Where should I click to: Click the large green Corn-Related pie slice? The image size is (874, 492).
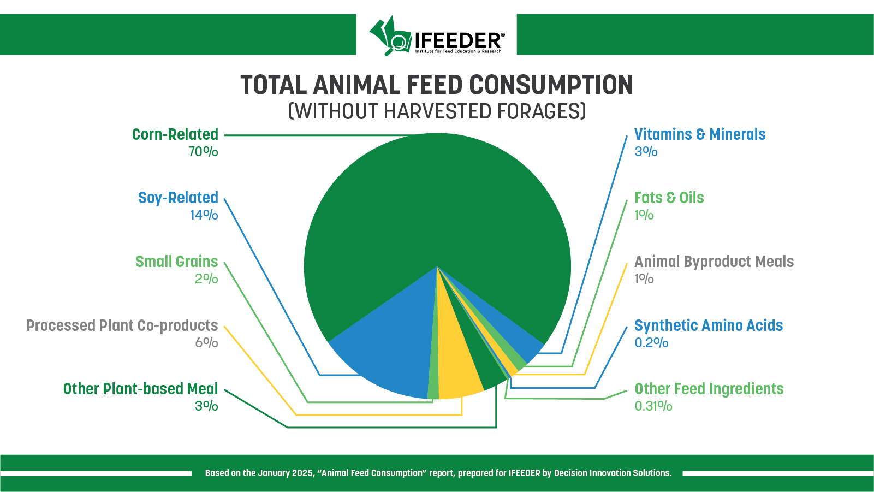coord(437,208)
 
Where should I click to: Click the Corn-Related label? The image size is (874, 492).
coord(175,134)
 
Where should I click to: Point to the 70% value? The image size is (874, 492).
coord(203,152)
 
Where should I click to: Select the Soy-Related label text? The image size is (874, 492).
coord(178,198)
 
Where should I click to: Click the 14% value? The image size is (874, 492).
coord(204,215)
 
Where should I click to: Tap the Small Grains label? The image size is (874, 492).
coord(176,262)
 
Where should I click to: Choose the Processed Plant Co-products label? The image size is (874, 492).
coord(122,325)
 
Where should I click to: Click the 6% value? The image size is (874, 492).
coord(206,343)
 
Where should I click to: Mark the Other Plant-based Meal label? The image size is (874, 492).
coord(140,389)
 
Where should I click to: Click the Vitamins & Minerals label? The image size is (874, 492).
coord(700,134)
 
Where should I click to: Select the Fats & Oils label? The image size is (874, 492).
coord(669,198)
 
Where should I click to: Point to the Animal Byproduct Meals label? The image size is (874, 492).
coord(714,262)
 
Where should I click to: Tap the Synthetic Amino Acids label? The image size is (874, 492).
coord(709,325)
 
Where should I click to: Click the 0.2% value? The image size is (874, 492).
coord(651,343)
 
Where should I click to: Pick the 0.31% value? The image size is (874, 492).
coord(653,406)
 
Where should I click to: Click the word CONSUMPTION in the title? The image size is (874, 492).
coord(551,85)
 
